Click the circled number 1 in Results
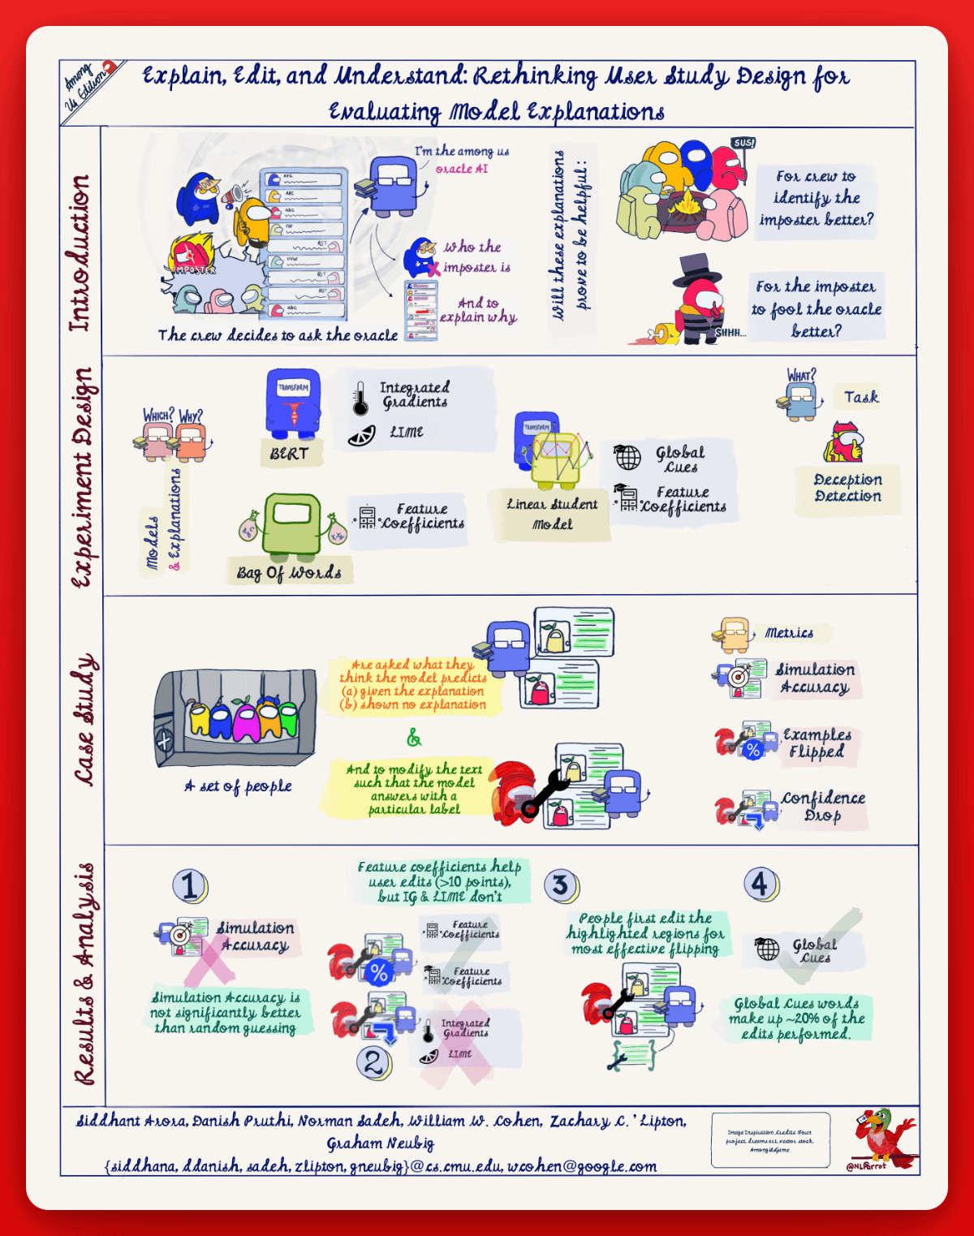coord(190,885)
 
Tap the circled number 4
coord(760,883)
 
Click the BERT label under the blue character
coord(290,454)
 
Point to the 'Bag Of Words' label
coord(290,572)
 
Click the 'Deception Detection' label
coord(847,488)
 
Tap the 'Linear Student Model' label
coord(552,514)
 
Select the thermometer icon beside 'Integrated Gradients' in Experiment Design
coord(360,398)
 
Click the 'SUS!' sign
coord(743,143)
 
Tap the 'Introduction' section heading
coord(80,253)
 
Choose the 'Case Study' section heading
coord(85,720)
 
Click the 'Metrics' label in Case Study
coord(789,633)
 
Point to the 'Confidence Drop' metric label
coord(823,807)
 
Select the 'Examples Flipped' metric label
coord(817,743)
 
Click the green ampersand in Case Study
coord(414,738)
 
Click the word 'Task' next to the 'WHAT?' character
coord(860,397)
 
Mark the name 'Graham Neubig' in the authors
coord(380,1143)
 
